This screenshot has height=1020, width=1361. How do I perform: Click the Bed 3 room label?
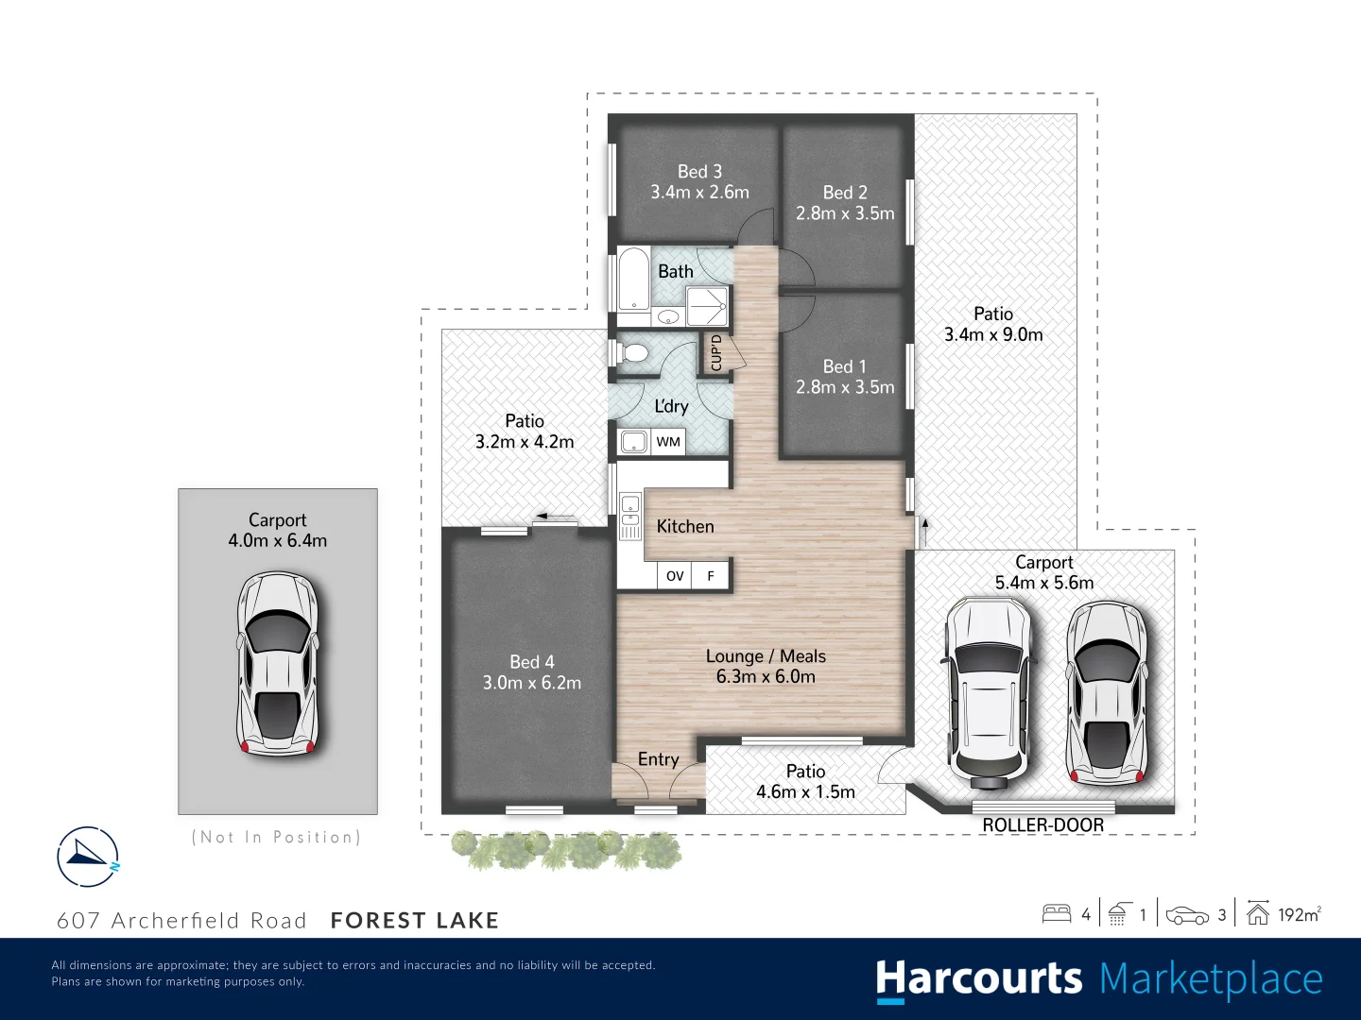click(699, 172)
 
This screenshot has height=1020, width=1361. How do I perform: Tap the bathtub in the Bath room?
click(632, 279)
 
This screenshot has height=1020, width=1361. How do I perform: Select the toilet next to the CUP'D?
click(634, 353)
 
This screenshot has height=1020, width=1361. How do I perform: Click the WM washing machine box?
click(668, 441)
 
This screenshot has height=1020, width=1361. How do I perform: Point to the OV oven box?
click(675, 575)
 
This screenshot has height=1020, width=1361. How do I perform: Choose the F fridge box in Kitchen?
click(711, 575)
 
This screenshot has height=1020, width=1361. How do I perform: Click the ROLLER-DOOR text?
click(1042, 825)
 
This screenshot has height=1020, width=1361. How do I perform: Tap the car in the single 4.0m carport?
click(277, 663)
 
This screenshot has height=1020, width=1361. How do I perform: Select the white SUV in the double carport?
click(989, 691)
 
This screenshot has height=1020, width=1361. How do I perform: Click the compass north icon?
click(88, 857)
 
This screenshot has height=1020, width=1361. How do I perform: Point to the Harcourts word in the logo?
click(978, 979)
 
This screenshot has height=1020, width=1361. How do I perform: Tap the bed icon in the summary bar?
click(1056, 913)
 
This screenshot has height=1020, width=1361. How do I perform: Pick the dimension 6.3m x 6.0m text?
click(766, 676)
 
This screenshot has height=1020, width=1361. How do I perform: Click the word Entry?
click(658, 759)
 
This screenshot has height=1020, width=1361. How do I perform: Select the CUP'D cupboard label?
click(716, 352)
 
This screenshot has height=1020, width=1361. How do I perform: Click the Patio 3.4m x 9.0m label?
click(993, 324)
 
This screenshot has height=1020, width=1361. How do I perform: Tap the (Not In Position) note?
click(276, 837)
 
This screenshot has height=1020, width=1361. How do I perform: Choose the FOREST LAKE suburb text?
click(414, 921)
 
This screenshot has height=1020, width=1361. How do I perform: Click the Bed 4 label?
click(532, 662)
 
